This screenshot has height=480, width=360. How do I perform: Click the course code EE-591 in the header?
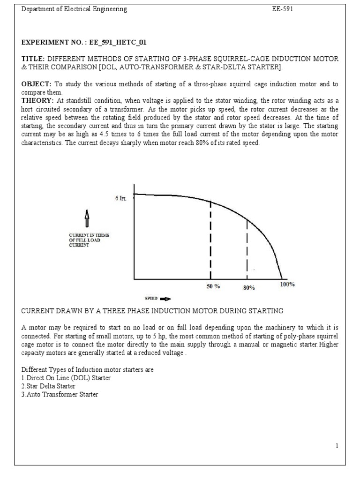(283, 9)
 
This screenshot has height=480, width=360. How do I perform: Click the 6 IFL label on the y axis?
(121, 198)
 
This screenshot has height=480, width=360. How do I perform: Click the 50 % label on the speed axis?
(213, 286)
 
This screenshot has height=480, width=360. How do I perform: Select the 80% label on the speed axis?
(248, 288)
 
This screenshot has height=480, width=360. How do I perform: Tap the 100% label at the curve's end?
(287, 285)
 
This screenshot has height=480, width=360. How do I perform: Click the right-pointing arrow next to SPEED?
(165, 298)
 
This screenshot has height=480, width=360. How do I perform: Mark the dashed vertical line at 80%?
(247, 248)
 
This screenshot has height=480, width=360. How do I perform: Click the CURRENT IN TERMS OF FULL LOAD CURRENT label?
(89, 240)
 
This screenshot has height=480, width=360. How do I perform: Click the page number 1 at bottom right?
(337, 446)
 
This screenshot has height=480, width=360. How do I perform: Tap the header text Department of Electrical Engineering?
(74, 9)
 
